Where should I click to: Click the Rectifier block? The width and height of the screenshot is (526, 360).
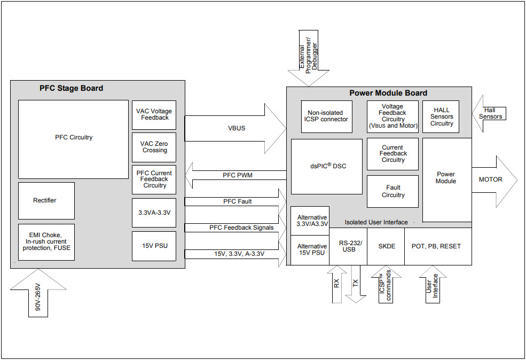[46, 200]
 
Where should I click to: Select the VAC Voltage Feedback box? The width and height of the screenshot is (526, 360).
[154, 114]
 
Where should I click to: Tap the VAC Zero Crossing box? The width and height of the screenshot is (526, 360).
[154, 147]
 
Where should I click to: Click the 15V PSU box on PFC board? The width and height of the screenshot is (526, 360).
[154, 246]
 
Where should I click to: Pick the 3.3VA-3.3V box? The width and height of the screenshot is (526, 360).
[154, 213]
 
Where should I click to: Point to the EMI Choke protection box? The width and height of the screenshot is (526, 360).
[46, 242]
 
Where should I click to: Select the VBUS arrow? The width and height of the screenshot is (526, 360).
[235, 128]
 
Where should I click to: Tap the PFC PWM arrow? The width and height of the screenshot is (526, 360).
[235, 175]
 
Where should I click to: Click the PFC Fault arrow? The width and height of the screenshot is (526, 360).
[235, 201]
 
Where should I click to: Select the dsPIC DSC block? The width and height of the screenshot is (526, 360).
[326, 166]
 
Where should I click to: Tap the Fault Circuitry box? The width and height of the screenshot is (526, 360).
[392, 191]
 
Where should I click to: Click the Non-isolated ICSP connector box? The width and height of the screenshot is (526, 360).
[326, 116]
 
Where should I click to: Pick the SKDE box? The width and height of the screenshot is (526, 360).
[386, 246]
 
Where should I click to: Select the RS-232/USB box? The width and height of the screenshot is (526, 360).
[348, 246]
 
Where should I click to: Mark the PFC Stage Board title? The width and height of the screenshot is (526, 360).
[71, 88]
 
